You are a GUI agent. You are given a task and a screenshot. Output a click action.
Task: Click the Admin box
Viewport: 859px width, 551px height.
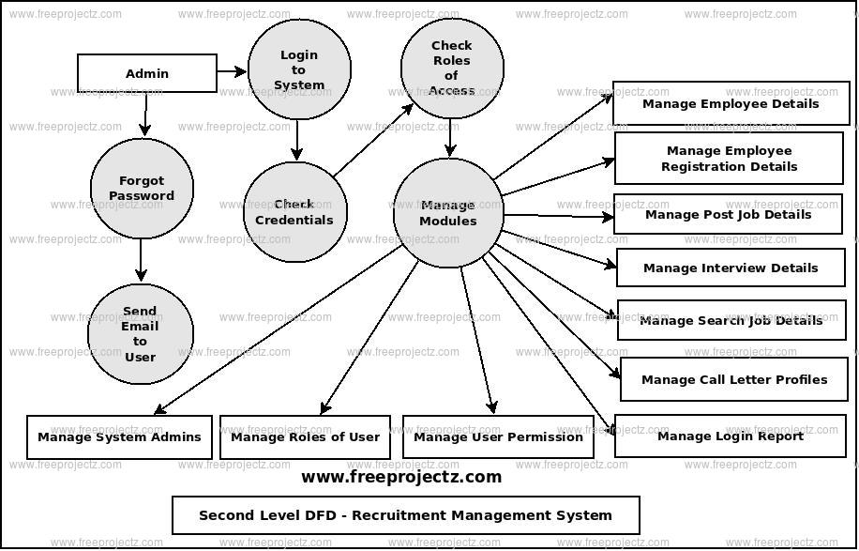(x=146, y=73)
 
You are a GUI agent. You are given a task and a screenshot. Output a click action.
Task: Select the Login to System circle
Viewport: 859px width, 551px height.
(x=299, y=69)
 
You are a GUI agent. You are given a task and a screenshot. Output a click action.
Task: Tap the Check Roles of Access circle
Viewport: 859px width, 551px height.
(x=451, y=68)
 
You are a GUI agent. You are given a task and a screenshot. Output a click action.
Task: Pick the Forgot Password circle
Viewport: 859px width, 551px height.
(x=142, y=188)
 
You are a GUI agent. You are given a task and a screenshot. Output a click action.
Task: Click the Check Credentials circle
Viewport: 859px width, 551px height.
(x=294, y=211)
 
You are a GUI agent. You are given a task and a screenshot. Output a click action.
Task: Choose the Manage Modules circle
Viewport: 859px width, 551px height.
(x=448, y=213)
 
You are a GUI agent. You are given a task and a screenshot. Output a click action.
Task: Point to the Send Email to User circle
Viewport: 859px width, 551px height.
(x=140, y=334)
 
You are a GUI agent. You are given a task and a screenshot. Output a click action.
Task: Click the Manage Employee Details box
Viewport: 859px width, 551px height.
(x=731, y=103)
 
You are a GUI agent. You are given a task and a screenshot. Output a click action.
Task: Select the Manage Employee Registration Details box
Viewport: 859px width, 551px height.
(x=729, y=158)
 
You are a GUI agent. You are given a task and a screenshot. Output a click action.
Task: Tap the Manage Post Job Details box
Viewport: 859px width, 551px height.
(x=728, y=214)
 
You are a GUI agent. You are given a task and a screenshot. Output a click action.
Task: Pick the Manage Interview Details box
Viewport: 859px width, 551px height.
(x=731, y=268)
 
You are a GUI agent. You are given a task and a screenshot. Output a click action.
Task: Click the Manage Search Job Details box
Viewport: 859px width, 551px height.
(x=731, y=320)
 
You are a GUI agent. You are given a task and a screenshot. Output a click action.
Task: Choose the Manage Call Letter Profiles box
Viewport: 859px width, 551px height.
(x=733, y=379)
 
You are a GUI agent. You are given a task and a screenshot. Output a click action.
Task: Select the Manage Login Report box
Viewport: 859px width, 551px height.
(x=731, y=436)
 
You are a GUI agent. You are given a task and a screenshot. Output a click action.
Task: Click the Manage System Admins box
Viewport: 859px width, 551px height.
(x=119, y=436)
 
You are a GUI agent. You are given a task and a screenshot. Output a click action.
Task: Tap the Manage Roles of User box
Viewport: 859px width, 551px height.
(x=305, y=436)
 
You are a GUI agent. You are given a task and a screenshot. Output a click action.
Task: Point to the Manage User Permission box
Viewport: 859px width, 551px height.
(x=498, y=436)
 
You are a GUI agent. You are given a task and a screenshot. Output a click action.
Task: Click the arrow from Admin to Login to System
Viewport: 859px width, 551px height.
(x=232, y=71)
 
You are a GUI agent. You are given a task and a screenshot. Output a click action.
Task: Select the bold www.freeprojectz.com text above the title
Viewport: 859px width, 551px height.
(x=401, y=477)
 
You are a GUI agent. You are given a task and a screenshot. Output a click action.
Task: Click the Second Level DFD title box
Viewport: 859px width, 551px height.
(x=405, y=515)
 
